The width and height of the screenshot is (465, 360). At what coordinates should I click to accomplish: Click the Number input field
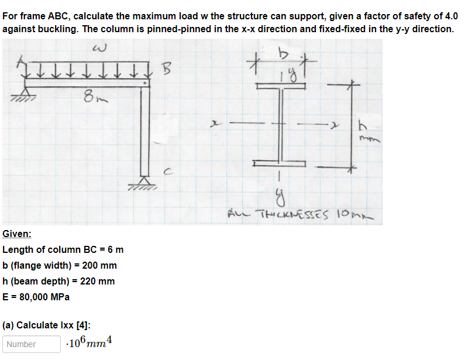[x=31, y=344]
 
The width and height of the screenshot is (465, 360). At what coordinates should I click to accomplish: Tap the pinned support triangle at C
[x=144, y=183]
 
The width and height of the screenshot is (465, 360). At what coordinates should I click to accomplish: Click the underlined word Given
[x=17, y=234]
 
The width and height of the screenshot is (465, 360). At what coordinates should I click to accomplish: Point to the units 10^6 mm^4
[x=89, y=343]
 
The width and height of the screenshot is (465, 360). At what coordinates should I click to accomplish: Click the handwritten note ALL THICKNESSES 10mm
[x=299, y=216]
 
